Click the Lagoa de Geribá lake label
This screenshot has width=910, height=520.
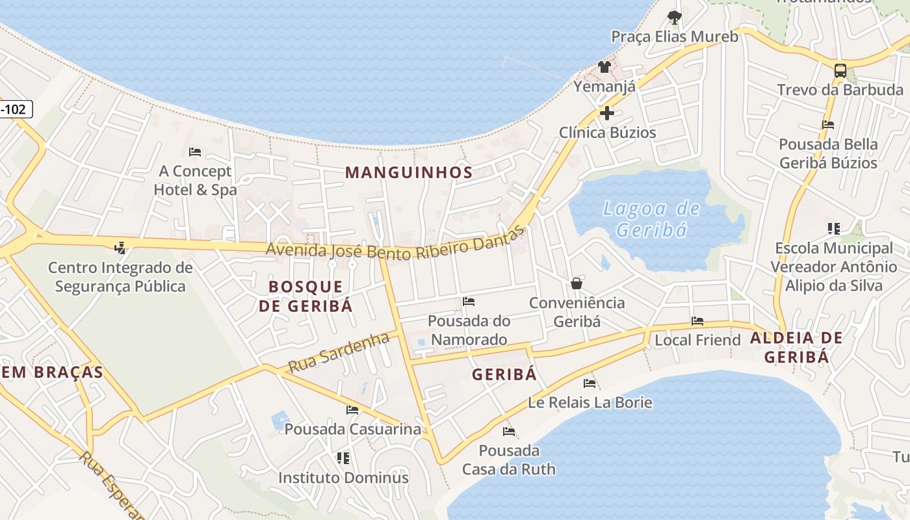point(651,219)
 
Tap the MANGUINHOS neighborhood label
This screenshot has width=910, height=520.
point(408,172)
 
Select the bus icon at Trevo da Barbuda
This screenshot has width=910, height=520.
point(840,71)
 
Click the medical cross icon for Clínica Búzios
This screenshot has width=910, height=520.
point(607,113)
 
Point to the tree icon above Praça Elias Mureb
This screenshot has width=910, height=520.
point(674,18)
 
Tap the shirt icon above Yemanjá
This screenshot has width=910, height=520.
point(604,66)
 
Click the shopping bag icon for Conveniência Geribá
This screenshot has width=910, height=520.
point(576,283)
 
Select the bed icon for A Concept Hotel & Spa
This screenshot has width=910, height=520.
point(194,152)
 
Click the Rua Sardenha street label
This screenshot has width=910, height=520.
point(338,352)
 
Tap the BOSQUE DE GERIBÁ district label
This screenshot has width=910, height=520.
point(305,296)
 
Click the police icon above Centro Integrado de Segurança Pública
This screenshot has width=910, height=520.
point(119,247)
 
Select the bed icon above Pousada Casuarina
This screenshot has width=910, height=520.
point(352,410)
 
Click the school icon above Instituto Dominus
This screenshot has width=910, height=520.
point(343,458)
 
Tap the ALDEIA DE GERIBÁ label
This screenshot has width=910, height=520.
point(796,347)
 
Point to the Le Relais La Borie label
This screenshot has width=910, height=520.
point(590,402)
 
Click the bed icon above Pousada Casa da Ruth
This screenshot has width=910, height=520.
point(508,431)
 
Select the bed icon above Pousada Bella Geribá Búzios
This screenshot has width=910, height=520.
point(827,124)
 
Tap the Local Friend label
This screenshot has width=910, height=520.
point(697,340)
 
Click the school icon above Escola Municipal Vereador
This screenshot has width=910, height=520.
point(834,228)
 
